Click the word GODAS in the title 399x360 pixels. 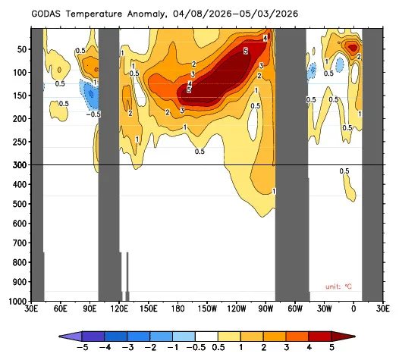(x=46, y=14)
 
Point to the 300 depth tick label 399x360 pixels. (x=20, y=165)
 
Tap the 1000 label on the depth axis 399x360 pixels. (x=17, y=302)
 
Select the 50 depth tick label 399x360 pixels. (x=22, y=49)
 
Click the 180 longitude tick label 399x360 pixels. (x=178, y=309)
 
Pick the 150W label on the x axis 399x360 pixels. (x=208, y=309)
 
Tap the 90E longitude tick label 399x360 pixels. (x=90, y=309)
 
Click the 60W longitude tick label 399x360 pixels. (x=295, y=309)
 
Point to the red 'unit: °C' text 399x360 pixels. (x=338, y=286)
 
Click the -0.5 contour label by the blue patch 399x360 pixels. (x=93, y=114)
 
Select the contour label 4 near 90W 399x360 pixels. (x=265, y=38)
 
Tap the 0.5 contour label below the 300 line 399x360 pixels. (x=344, y=171)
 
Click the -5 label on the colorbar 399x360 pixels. (x=82, y=347)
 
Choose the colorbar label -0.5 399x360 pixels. (x=196, y=347)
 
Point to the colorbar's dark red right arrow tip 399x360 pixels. (x=355, y=337)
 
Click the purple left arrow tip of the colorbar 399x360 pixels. (x=59, y=337)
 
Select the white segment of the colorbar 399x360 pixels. (x=206, y=337)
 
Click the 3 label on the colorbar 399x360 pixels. (x=287, y=347)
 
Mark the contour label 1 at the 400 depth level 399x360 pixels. (x=274, y=191)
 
